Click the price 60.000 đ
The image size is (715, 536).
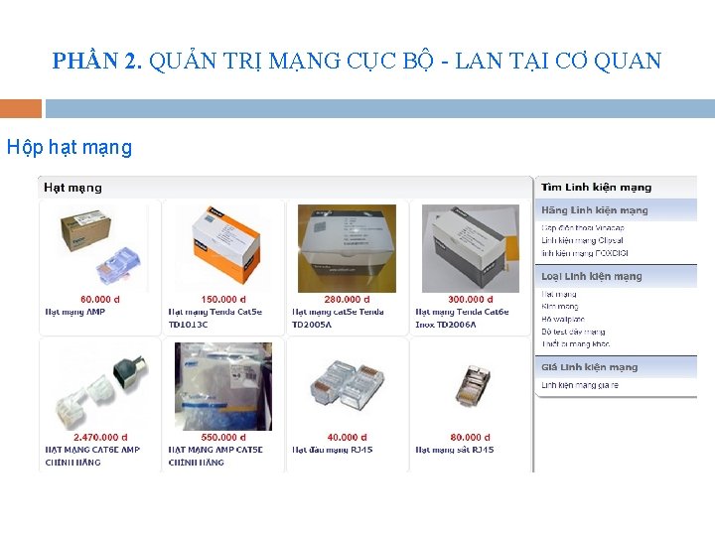(x=99, y=299)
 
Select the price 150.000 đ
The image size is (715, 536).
(x=223, y=299)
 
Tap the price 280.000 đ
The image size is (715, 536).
(x=347, y=299)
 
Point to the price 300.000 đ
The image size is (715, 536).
(x=470, y=299)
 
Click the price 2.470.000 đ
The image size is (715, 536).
(x=99, y=437)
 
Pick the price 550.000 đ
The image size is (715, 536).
(x=223, y=437)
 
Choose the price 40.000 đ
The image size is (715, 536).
(x=347, y=437)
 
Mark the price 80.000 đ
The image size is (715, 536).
(x=470, y=437)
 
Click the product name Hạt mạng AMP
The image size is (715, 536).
(x=75, y=312)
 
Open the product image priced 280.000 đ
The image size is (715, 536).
(x=347, y=248)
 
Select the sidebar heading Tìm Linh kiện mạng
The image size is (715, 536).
(x=596, y=187)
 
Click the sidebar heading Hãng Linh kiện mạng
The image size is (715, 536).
(x=594, y=210)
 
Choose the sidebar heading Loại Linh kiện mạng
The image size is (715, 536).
(x=592, y=276)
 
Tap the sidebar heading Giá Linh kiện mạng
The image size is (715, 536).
(x=590, y=367)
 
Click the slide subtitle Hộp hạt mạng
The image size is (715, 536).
(x=69, y=148)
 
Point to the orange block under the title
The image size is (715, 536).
(x=21, y=108)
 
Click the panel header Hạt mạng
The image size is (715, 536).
(x=72, y=187)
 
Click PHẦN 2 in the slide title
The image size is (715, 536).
(x=96, y=62)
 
